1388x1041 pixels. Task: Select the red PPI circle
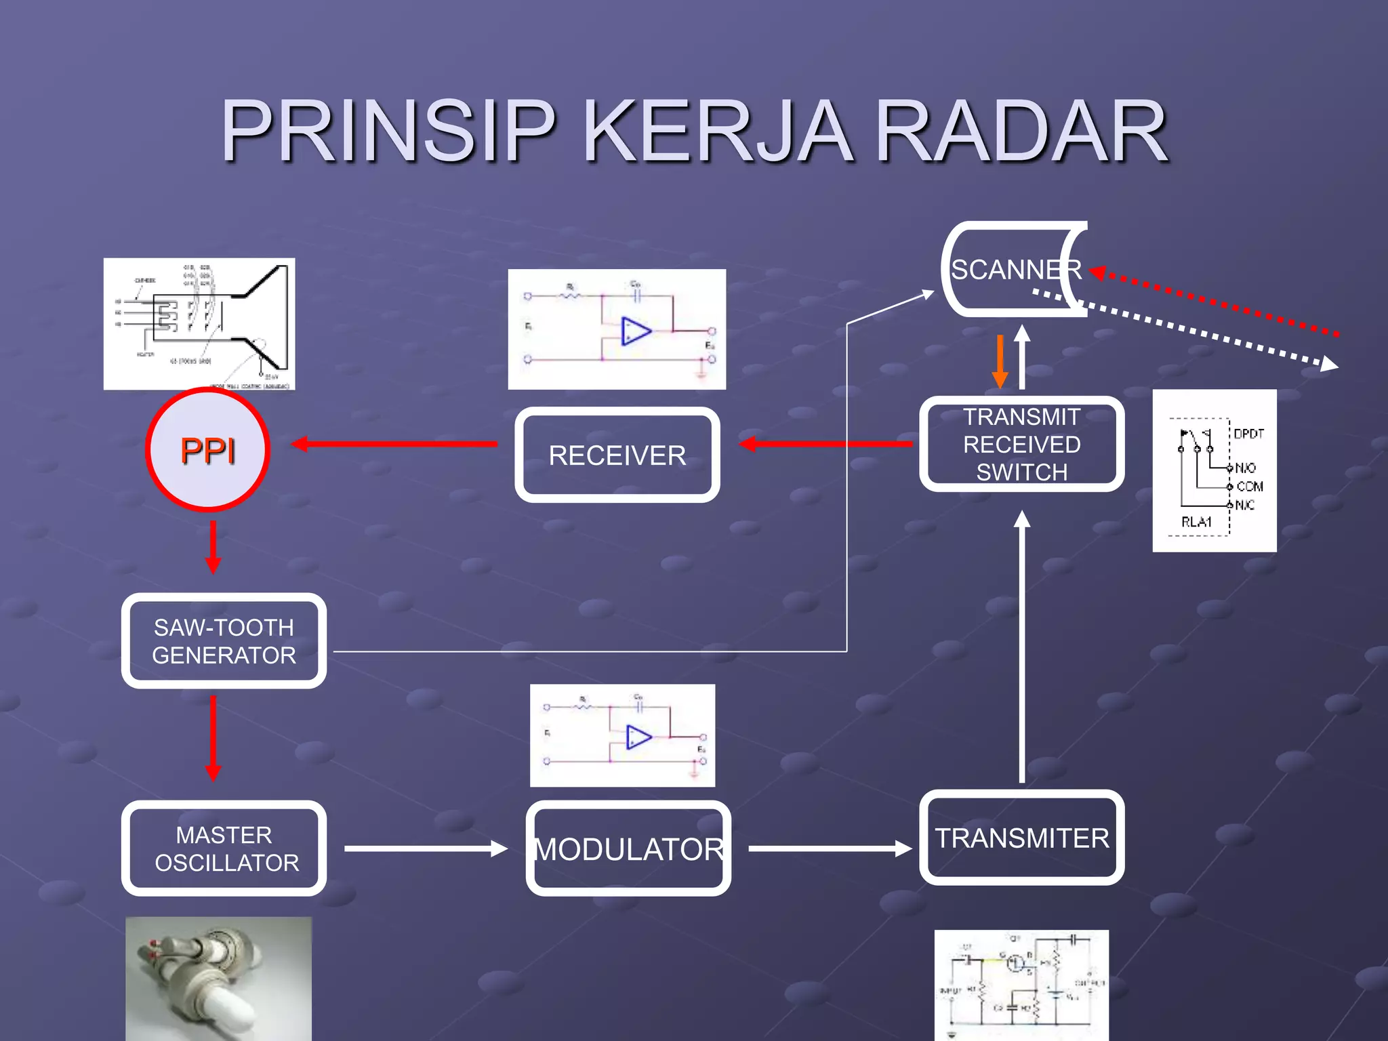tap(208, 449)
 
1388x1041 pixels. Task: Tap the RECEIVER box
tap(617, 455)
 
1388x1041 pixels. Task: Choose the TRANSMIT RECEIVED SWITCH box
tap(1021, 445)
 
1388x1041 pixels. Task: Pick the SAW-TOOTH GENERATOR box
tap(224, 641)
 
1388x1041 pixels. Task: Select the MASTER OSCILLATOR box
tap(224, 849)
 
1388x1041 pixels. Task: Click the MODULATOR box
tap(628, 849)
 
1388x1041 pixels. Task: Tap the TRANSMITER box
tap(1021, 838)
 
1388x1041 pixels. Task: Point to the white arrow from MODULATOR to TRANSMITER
tap(830, 849)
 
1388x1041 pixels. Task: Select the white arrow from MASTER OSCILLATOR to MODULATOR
tap(426, 849)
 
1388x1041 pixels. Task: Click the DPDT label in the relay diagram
tap(1248, 434)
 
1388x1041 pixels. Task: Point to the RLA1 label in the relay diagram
tap(1196, 522)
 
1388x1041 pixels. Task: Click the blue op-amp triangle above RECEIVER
tap(636, 331)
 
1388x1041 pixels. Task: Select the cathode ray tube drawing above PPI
tap(199, 324)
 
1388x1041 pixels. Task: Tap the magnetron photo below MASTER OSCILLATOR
tap(218, 979)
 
